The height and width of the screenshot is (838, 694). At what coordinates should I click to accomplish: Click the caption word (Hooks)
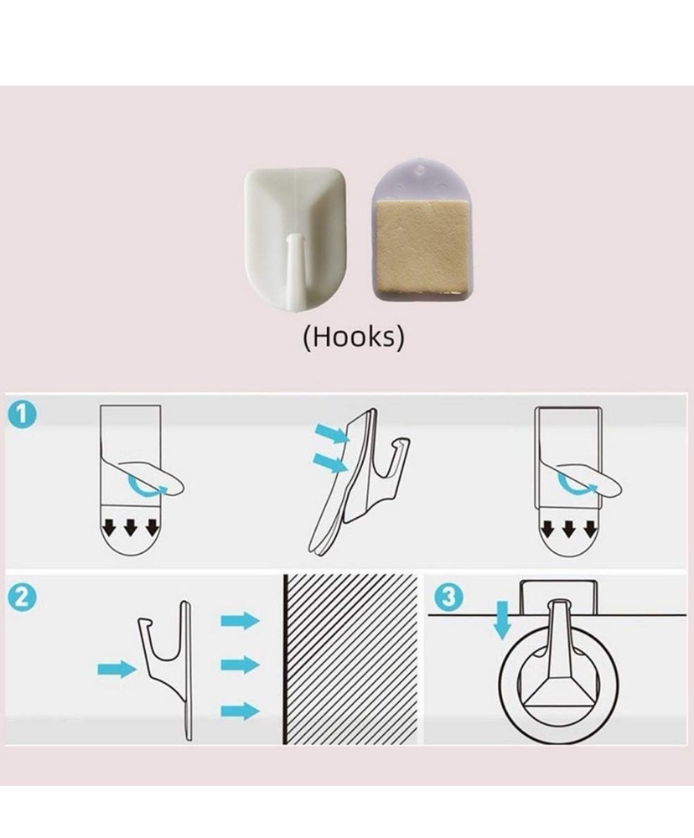pos(354,337)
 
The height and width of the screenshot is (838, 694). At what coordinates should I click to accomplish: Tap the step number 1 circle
pos(23,416)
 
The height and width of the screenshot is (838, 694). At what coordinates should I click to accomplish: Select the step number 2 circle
pos(23,597)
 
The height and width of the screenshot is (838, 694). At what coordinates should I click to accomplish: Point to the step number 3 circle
pos(448,596)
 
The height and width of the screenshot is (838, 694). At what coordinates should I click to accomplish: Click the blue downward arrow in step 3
pos(501,619)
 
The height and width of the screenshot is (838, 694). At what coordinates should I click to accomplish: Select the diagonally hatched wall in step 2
pos(350,660)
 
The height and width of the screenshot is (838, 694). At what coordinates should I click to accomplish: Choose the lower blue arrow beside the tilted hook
pos(329,463)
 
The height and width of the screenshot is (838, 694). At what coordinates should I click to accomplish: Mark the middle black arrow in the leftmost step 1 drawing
pos(131,528)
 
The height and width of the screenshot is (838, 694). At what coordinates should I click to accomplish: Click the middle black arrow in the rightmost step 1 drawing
pos(568,529)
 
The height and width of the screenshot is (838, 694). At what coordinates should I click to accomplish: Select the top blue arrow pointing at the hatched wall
pos(240,620)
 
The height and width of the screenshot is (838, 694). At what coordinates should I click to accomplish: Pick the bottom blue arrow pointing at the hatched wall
pos(240,711)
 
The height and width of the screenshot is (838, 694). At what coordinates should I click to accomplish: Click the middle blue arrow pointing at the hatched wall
pos(240,665)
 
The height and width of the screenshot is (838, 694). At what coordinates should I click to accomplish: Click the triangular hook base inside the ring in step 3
pos(558,693)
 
